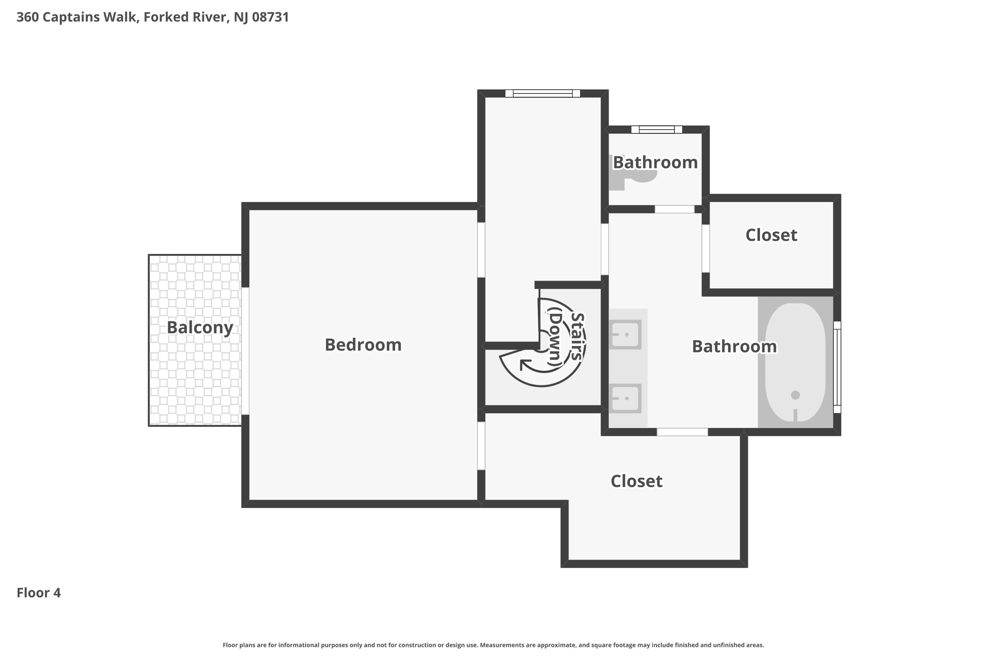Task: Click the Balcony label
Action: pyautogui.click(x=200, y=327)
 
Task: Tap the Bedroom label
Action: pyautogui.click(x=363, y=345)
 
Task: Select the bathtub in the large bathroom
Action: pyautogui.click(x=795, y=362)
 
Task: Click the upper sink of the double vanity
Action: pyautogui.click(x=626, y=334)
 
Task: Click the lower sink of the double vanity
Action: pyautogui.click(x=626, y=398)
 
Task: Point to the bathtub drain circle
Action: pyautogui.click(x=795, y=395)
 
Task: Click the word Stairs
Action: pyautogui.click(x=577, y=336)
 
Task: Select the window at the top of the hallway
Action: pyautogui.click(x=542, y=94)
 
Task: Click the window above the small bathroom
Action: pyautogui.click(x=656, y=129)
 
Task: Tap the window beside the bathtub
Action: pyautogui.click(x=837, y=366)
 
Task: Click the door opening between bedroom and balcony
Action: pyautogui.click(x=245, y=351)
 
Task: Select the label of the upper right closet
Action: pyautogui.click(x=771, y=235)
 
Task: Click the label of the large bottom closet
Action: pyautogui.click(x=636, y=481)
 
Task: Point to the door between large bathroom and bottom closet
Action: pyautogui.click(x=682, y=432)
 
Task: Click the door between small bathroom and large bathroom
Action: pyautogui.click(x=674, y=209)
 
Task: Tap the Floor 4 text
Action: pyautogui.click(x=39, y=592)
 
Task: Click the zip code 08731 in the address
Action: pyautogui.click(x=270, y=17)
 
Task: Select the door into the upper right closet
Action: pyautogui.click(x=706, y=248)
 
